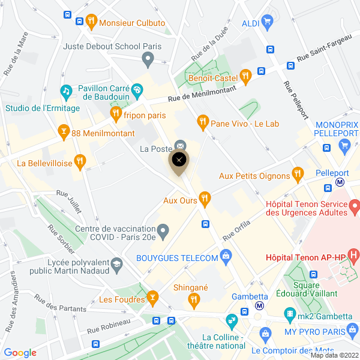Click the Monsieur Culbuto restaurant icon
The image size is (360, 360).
click(91, 22)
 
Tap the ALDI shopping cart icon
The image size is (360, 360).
click(268, 23)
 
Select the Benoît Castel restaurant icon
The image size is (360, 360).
click(245, 77)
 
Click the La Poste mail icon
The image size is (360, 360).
click(180, 146)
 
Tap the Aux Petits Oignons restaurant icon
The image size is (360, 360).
click(297, 175)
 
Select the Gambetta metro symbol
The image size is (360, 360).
click(259, 305)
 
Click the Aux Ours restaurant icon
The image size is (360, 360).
click(205, 198)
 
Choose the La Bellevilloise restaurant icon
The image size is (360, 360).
click(80, 161)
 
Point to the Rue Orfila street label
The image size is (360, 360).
click(236, 229)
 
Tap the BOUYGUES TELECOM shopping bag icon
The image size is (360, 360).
click(226, 257)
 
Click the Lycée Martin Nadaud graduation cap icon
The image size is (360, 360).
click(117, 264)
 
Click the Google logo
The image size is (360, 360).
click(20, 353)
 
